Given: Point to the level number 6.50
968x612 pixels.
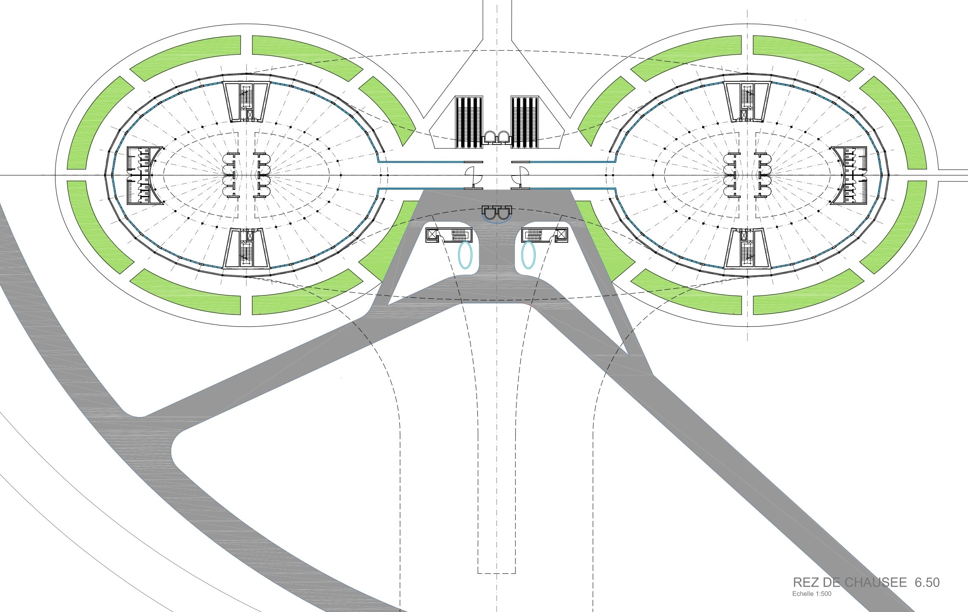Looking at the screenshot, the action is pos(927,582).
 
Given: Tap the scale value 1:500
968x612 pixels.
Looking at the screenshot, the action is pos(823,594).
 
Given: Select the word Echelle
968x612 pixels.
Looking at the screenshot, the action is pos(803,594).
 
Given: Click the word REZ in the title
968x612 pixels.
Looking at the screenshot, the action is pos(805,582).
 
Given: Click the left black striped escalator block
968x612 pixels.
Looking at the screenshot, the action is pos(469,122).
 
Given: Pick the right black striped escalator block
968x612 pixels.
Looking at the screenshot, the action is pos(524,122).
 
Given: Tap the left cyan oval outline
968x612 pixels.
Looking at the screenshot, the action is pos(465,255).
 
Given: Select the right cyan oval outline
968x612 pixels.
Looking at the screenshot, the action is pos(528,255).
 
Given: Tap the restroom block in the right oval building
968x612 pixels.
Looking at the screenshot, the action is pos(850,175).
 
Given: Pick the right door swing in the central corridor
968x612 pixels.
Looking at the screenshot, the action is pos(521,178).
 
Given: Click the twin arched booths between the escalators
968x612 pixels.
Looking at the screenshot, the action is pos(497,137).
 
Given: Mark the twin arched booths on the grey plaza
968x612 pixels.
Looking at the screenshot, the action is pos(497,213).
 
